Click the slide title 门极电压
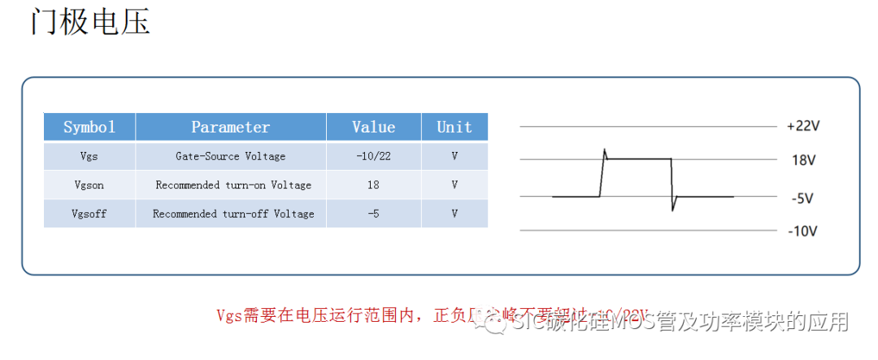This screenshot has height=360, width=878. point(90,22)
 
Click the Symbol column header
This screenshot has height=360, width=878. point(89,127)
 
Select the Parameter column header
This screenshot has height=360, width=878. point(230,127)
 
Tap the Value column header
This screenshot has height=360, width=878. point(373,127)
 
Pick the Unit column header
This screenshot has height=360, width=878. point(454,127)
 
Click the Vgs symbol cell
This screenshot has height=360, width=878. point(89,156)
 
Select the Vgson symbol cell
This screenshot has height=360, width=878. point(89,184)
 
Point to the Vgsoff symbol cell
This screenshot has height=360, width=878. point(89,214)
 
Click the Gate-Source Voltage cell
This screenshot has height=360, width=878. point(230,156)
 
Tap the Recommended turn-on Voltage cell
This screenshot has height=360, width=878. point(233,184)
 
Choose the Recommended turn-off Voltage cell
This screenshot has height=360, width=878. point(233,214)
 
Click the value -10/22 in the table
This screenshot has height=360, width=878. point(373,156)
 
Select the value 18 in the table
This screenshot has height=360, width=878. point(373,184)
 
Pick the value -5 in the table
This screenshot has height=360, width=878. point(373,214)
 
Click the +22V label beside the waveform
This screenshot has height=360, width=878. point(803,127)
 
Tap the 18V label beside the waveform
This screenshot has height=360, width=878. point(803,160)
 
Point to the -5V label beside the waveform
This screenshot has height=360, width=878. point(802,197)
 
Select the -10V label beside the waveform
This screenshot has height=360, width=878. point(802,231)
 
